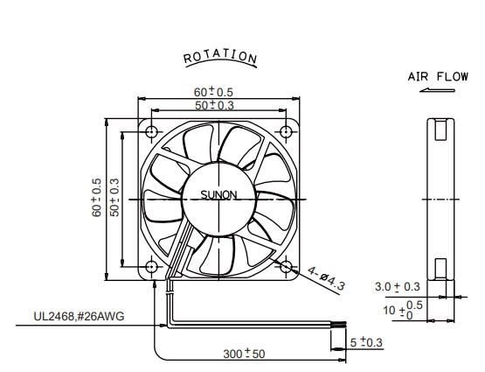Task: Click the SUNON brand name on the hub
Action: click(218, 195)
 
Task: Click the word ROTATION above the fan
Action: click(220, 57)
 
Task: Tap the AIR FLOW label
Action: click(438, 76)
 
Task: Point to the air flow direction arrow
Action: click(437, 90)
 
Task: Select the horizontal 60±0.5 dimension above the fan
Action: click(213, 92)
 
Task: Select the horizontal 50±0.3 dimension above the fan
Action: click(214, 105)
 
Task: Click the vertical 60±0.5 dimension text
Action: click(96, 197)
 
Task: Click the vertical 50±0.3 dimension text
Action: click(114, 197)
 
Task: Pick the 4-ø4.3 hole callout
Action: click(326, 278)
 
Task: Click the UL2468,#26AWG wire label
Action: click(79, 316)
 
